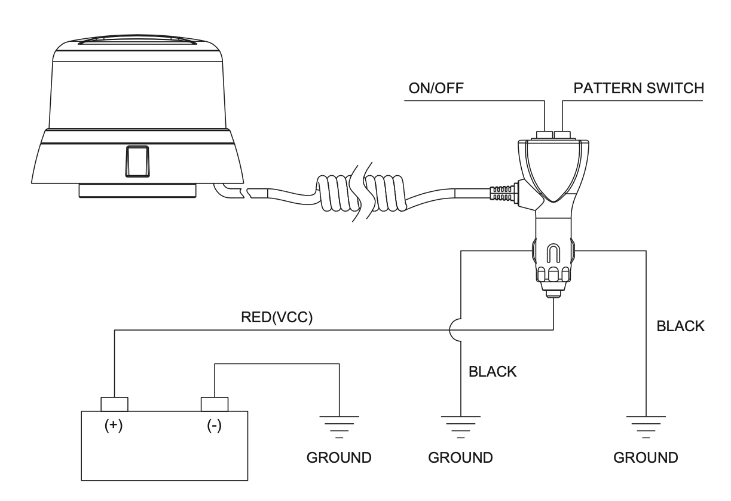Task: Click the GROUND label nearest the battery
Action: point(339,459)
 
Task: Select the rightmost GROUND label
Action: point(646,459)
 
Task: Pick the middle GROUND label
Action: point(461,459)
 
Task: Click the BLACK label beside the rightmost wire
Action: point(681,327)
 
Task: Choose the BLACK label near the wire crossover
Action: point(493,371)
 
